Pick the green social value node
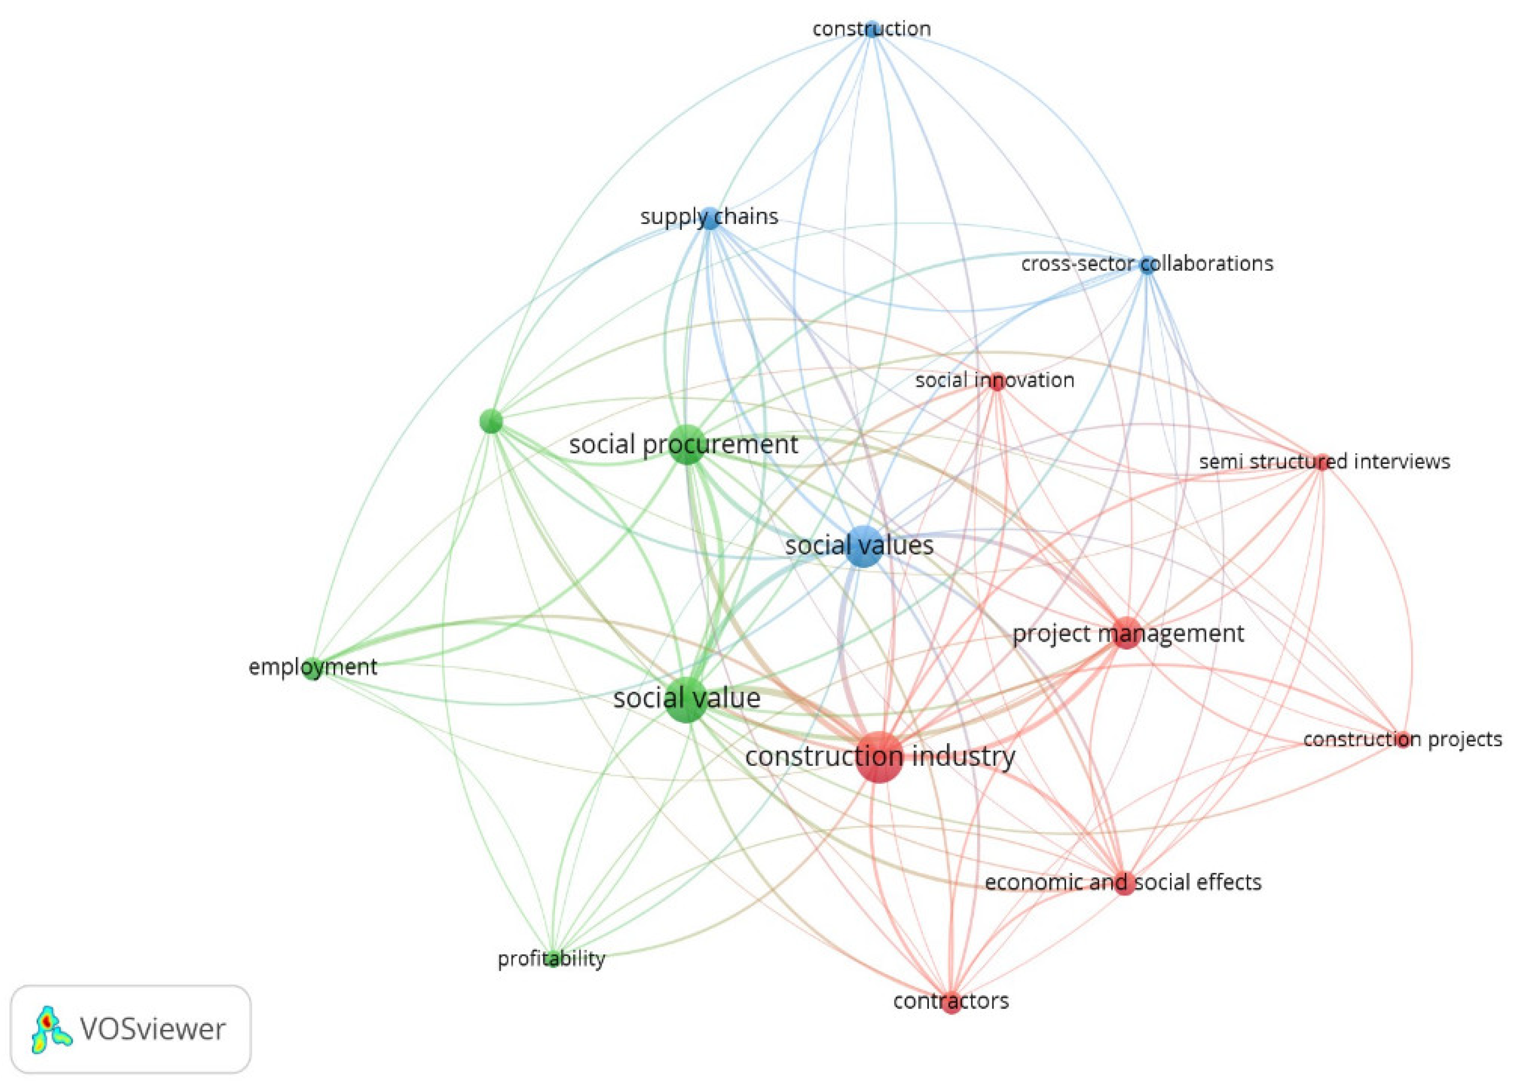coord(686,699)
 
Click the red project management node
coord(1126,633)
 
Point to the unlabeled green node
coord(491,421)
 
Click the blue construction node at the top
coord(872,29)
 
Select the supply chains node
coord(711,218)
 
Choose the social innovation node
coord(997,381)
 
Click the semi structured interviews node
coord(1321,462)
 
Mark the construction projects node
coord(1403,739)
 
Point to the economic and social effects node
coord(1125,883)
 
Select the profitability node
coord(552,959)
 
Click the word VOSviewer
coord(153,1029)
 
